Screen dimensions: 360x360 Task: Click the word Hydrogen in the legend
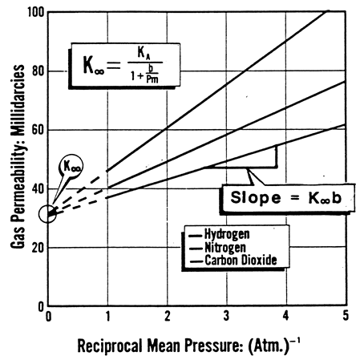(227, 234)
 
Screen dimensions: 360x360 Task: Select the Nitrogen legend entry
(225, 247)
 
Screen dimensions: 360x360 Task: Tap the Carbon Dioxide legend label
(241, 260)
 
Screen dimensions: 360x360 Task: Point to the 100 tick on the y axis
(36, 12)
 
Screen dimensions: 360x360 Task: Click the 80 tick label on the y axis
(38, 71)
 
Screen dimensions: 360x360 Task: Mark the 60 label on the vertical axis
(38, 130)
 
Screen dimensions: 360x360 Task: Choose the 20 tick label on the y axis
(38, 248)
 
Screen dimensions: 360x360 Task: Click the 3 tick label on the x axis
(226, 316)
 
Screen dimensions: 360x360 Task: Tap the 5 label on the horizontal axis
(346, 316)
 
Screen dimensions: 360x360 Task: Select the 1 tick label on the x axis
(107, 316)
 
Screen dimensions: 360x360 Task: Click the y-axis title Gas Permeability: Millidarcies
(18, 156)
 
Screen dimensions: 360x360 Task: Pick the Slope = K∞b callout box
(288, 198)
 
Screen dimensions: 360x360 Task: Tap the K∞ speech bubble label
(71, 166)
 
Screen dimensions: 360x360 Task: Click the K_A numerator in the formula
(144, 53)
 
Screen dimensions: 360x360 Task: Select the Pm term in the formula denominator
(152, 79)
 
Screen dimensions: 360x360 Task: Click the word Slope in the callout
(256, 198)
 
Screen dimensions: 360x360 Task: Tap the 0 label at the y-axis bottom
(41, 306)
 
